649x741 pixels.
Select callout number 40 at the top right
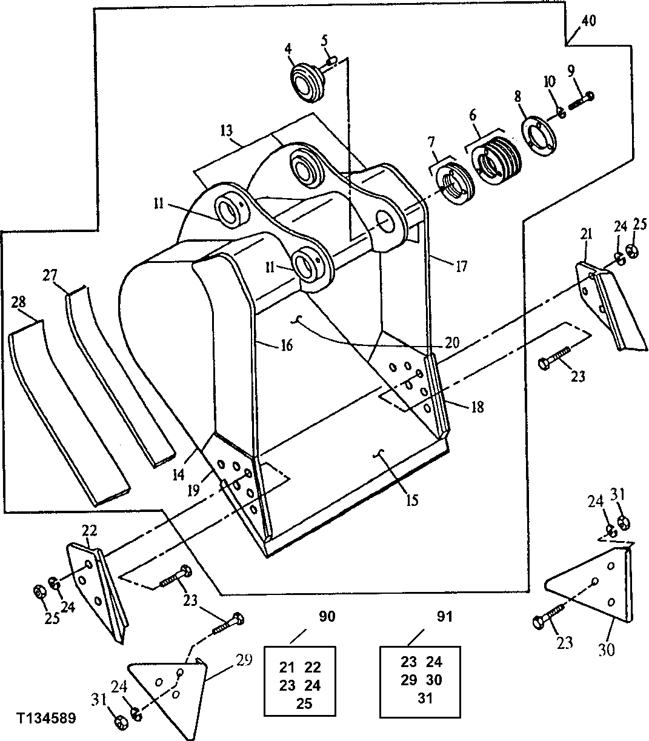pos(588,21)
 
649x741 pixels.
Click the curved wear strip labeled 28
pos(67,412)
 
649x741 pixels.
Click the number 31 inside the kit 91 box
pos(425,698)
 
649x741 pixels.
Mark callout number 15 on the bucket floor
pos(412,500)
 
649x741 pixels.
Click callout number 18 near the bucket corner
pos(477,407)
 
